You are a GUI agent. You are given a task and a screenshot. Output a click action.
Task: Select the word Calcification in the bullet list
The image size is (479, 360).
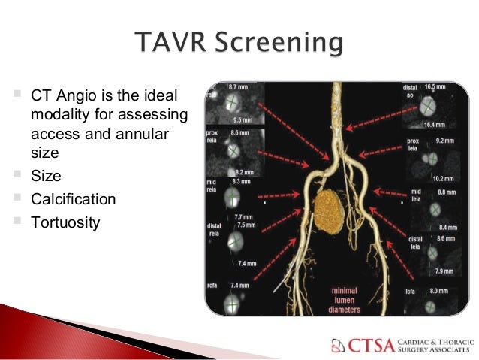[x=74, y=200]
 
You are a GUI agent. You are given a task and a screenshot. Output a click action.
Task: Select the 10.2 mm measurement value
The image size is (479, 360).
[x=443, y=179]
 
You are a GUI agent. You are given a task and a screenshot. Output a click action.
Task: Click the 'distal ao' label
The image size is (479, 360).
[x=411, y=92]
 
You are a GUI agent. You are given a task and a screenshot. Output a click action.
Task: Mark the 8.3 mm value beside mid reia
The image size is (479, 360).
[x=241, y=182]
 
